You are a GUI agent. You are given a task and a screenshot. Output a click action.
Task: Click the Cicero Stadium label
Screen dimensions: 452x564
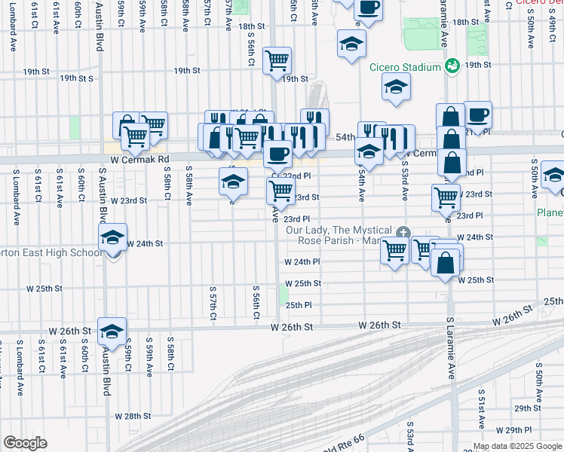tap(405, 67)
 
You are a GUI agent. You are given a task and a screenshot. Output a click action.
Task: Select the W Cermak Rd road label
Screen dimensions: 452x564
tap(139, 160)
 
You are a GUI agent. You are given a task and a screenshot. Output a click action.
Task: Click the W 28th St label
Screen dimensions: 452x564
tap(133, 416)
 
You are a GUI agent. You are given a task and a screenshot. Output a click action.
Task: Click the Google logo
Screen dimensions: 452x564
tap(25, 443)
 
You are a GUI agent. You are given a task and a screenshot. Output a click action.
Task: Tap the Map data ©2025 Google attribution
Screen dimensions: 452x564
tap(516, 446)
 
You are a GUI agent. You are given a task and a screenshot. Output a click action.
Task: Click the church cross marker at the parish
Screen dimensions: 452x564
tap(403, 232)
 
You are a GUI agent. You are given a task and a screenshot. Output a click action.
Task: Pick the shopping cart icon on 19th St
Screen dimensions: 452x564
tap(277, 60)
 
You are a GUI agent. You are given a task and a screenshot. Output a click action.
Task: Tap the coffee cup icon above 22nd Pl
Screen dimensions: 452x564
tap(277, 154)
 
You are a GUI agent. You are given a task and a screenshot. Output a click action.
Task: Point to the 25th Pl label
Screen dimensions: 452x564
tap(299, 305)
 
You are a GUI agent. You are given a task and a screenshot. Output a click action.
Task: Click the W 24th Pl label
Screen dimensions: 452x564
tap(302, 262)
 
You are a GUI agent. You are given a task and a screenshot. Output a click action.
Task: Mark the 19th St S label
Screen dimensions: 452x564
tap(78, 78)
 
